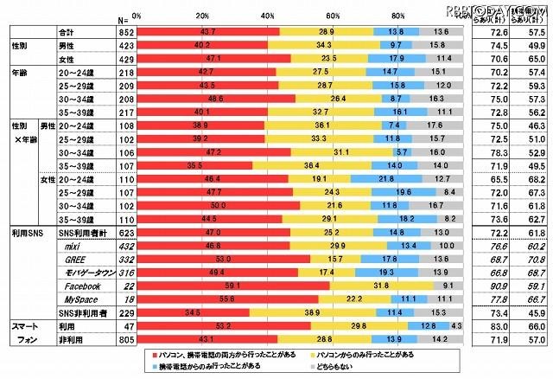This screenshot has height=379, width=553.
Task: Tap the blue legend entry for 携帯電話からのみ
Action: (227, 367)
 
